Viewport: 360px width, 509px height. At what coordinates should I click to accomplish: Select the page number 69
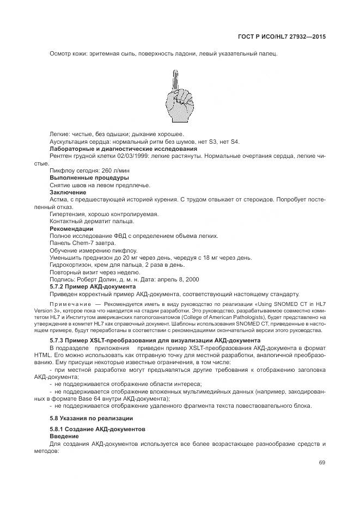(322, 463)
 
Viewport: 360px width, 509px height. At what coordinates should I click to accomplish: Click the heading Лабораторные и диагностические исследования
(123, 149)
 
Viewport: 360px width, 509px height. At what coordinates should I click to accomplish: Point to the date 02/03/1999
(118, 156)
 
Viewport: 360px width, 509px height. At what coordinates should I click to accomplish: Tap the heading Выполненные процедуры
(89, 177)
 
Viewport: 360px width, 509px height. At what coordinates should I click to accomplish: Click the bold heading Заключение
(68, 192)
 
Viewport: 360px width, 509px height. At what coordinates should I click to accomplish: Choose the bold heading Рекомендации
(71, 228)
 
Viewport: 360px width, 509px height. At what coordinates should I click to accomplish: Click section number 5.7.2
(59, 286)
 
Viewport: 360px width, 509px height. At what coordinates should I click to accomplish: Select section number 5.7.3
(59, 340)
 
